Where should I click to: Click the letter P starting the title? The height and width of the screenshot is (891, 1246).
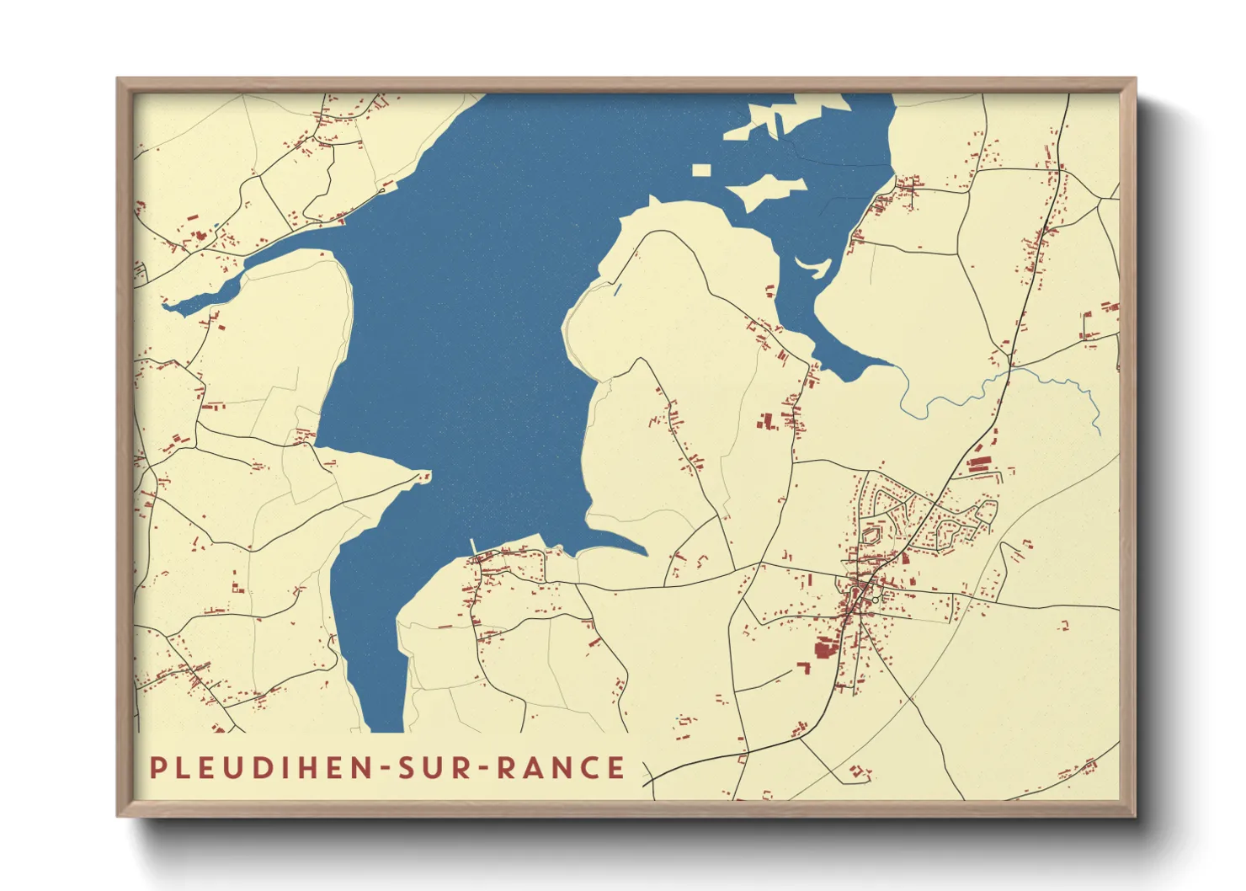(157, 768)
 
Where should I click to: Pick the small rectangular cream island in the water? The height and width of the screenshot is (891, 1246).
(701, 170)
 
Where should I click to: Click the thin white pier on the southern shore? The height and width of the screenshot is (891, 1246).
(473, 546)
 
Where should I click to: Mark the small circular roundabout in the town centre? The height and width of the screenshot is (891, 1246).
(876, 599)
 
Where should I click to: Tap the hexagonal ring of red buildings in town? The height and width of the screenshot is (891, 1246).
(871, 533)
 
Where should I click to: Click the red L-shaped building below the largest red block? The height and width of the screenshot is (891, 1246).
(804, 668)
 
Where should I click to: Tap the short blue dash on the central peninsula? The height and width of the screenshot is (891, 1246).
(617, 290)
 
